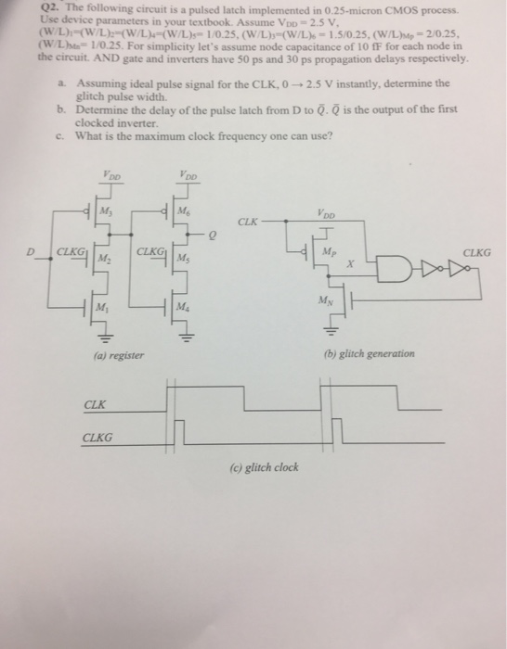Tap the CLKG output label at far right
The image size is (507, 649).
477,251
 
